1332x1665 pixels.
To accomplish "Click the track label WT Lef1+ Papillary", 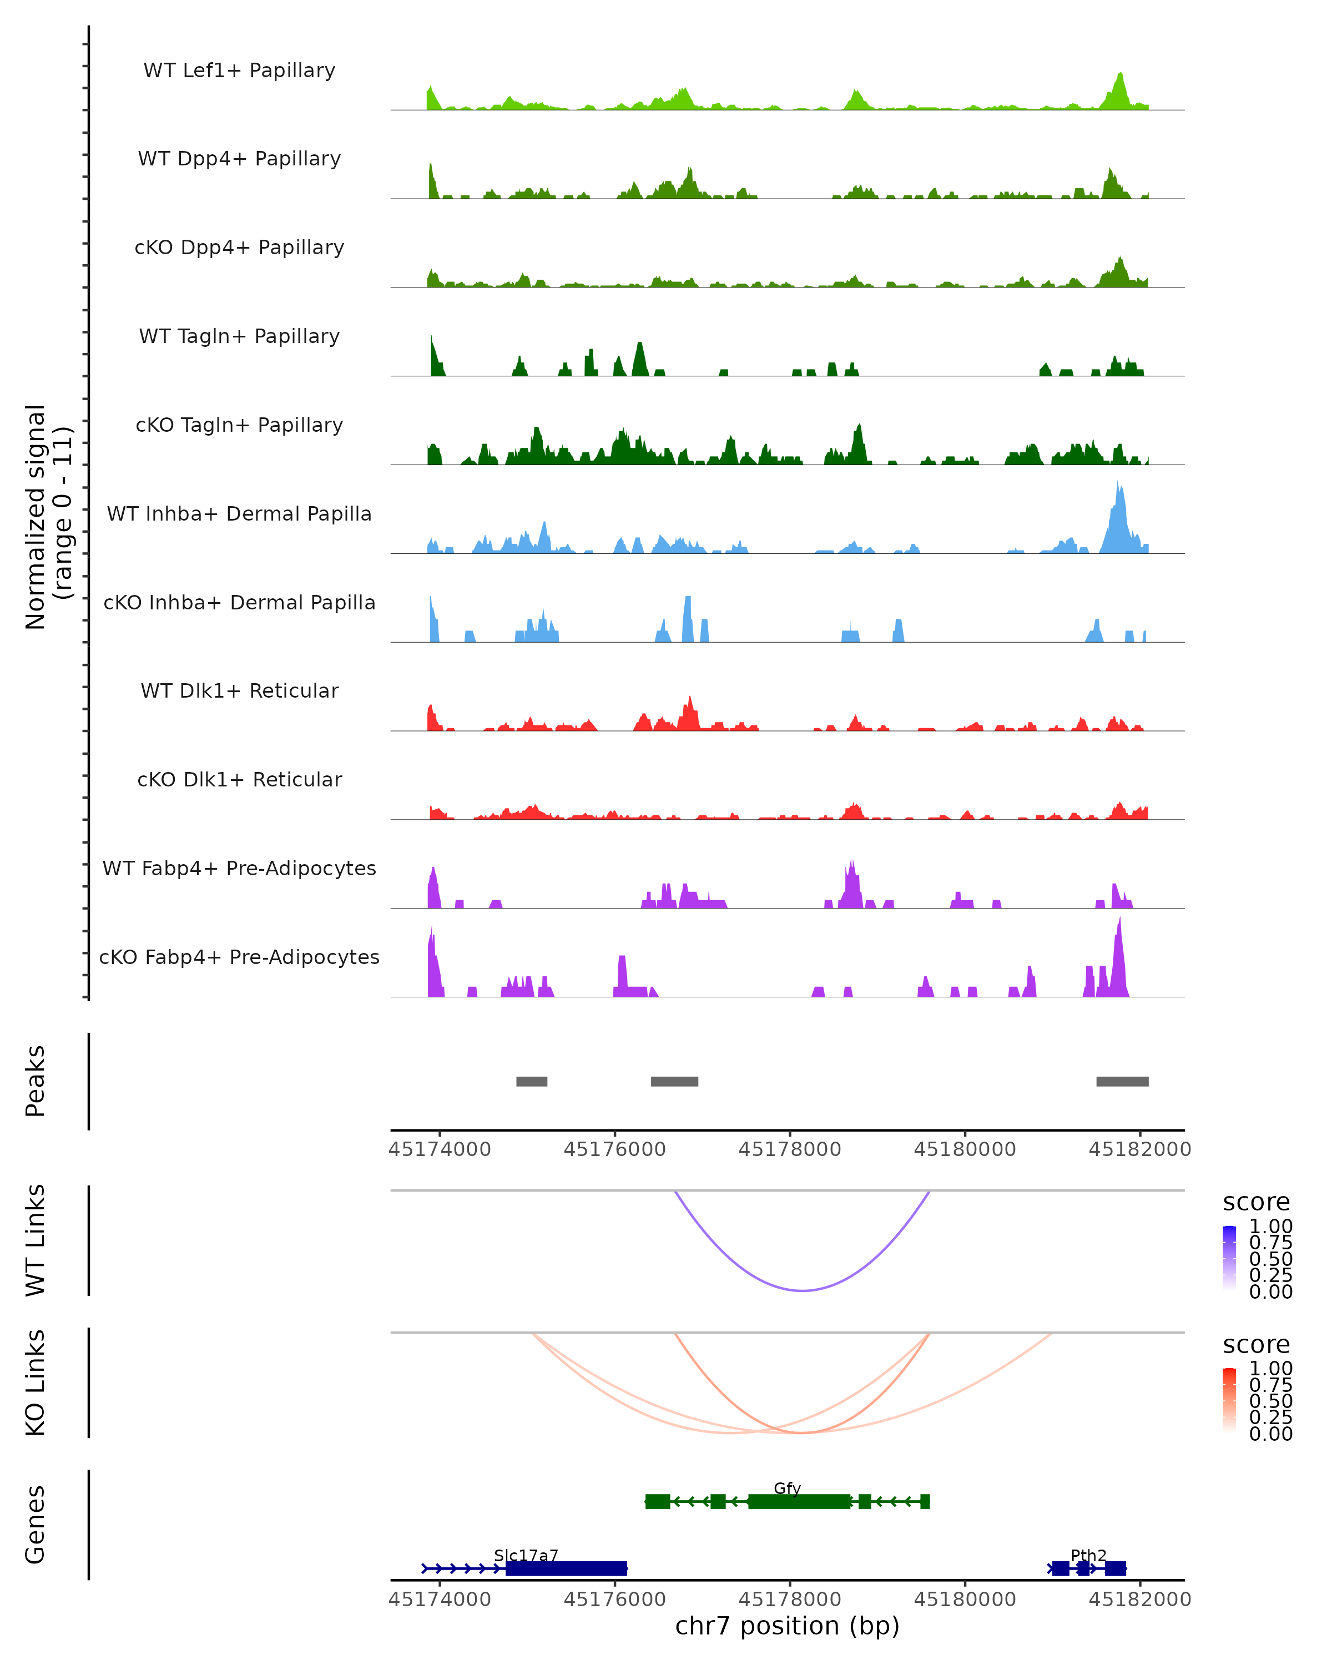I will click(239, 70).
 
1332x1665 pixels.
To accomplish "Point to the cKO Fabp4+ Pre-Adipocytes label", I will click(239, 957).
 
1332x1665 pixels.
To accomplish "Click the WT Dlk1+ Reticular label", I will click(239, 690).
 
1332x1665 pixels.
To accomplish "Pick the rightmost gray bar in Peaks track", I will click(1122, 1081).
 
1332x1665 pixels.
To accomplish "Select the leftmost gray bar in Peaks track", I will click(531, 1081).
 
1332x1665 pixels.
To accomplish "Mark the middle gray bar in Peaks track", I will click(674, 1081).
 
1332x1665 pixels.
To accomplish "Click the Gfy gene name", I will click(787, 1488).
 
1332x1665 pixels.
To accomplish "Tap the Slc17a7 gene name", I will click(526, 1555).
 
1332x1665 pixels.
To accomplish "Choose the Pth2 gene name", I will click(1088, 1555).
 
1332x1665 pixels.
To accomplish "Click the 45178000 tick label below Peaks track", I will click(789, 1149).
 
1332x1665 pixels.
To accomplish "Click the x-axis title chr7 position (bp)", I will click(787, 1626).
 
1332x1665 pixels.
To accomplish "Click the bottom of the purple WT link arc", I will click(803, 1290).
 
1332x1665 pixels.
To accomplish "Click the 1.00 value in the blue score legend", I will click(1270, 1227).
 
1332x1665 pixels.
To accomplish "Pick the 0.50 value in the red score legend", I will click(1270, 1401).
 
